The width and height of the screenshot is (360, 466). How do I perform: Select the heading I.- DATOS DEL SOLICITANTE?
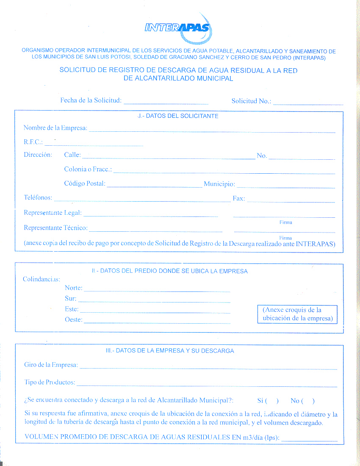point(178,116)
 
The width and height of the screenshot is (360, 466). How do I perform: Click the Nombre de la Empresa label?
point(55,128)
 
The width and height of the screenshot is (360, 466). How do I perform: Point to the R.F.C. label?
point(33,142)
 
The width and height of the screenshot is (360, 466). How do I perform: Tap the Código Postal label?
point(85,184)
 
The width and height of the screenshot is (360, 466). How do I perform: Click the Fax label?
point(238,198)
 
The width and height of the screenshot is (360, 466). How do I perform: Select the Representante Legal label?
point(53,213)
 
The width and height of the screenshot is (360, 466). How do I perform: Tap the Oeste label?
point(73,320)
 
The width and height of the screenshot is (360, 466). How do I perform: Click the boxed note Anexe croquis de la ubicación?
point(297,314)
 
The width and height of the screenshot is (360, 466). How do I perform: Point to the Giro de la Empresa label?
point(51,365)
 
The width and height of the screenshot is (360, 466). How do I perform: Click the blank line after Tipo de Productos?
point(207,385)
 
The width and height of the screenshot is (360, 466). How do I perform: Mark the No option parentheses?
point(307,401)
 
